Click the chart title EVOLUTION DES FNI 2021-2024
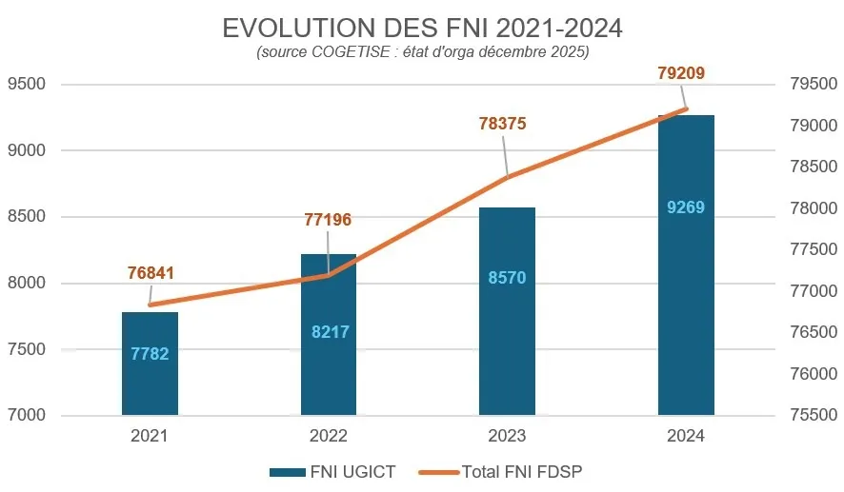(422, 28)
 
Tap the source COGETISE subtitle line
(422, 53)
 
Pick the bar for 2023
(507, 324)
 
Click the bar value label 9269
(686, 207)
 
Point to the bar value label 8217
(329, 332)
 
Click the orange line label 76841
(151, 273)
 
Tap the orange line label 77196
(328, 220)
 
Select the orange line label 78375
(503, 124)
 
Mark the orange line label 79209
(681, 72)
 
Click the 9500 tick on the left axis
(29, 84)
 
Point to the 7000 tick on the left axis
(29, 416)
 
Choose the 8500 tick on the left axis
(29, 217)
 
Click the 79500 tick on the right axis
(813, 84)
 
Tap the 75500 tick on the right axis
(813, 416)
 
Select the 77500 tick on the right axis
(813, 250)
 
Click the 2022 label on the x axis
(329, 437)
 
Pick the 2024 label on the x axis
(686, 437)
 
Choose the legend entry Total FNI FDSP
(506, 471)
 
